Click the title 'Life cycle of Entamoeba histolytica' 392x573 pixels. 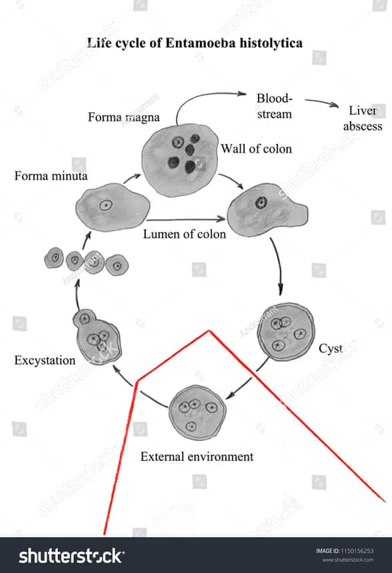pos(195,43)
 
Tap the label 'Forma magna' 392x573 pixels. pos(123,117)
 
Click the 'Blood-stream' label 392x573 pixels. pos(274,106)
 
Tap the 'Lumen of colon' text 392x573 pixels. pos(185,234)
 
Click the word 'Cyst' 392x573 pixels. pos(331,348)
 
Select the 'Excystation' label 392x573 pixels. pos(44,360)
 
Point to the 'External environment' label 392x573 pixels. pos(197,456)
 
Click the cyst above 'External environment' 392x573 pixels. pos(197,412)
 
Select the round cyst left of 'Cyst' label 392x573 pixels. pos(285,330)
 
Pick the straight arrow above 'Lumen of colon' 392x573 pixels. pos(185,219)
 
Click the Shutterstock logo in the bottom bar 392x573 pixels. pos(71,556)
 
